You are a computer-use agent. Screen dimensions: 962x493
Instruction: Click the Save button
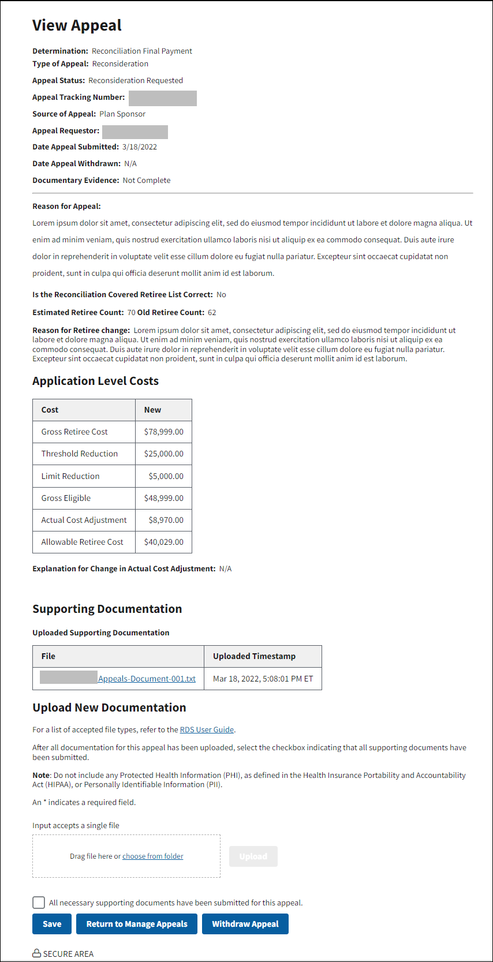[x=52, y=924]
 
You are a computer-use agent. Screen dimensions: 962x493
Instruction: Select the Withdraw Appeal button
[x=245, y=924]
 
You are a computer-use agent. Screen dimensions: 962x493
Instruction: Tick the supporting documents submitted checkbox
[x=39, y=903]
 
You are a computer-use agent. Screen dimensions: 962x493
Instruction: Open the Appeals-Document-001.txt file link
[x=147, y=679]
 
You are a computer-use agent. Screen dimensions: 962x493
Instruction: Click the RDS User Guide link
[x=207, y=729]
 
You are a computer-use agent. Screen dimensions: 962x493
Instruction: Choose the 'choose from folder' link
[x=152, y=856]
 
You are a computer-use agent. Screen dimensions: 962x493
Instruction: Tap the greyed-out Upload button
[x=253, y=856]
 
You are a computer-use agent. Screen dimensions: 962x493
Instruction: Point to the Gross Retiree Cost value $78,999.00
[x=163, y=432]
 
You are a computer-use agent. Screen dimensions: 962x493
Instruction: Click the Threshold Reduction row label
[x=80, y=454]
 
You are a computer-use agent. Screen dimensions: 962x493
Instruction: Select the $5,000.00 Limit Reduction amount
[x=166, y=476]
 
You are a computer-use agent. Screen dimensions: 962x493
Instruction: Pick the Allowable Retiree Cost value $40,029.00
[x=163, y=542]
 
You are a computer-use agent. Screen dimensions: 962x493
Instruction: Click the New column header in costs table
[x=152, y=410]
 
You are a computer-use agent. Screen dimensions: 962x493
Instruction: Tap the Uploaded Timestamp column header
[x=254, y=656]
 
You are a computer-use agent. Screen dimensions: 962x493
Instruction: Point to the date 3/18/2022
[x=140, y=147]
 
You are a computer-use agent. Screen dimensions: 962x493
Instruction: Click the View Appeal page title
[x=77, y=25]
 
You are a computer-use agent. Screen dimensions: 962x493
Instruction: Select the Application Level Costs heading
[x=95, y=381]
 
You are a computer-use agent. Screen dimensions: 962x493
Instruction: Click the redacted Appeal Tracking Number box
[x=162, y=98]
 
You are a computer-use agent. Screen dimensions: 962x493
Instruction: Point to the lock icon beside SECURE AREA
[x=36, y=953]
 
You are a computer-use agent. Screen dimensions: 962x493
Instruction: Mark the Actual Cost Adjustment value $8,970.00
[x=166, y=520]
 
